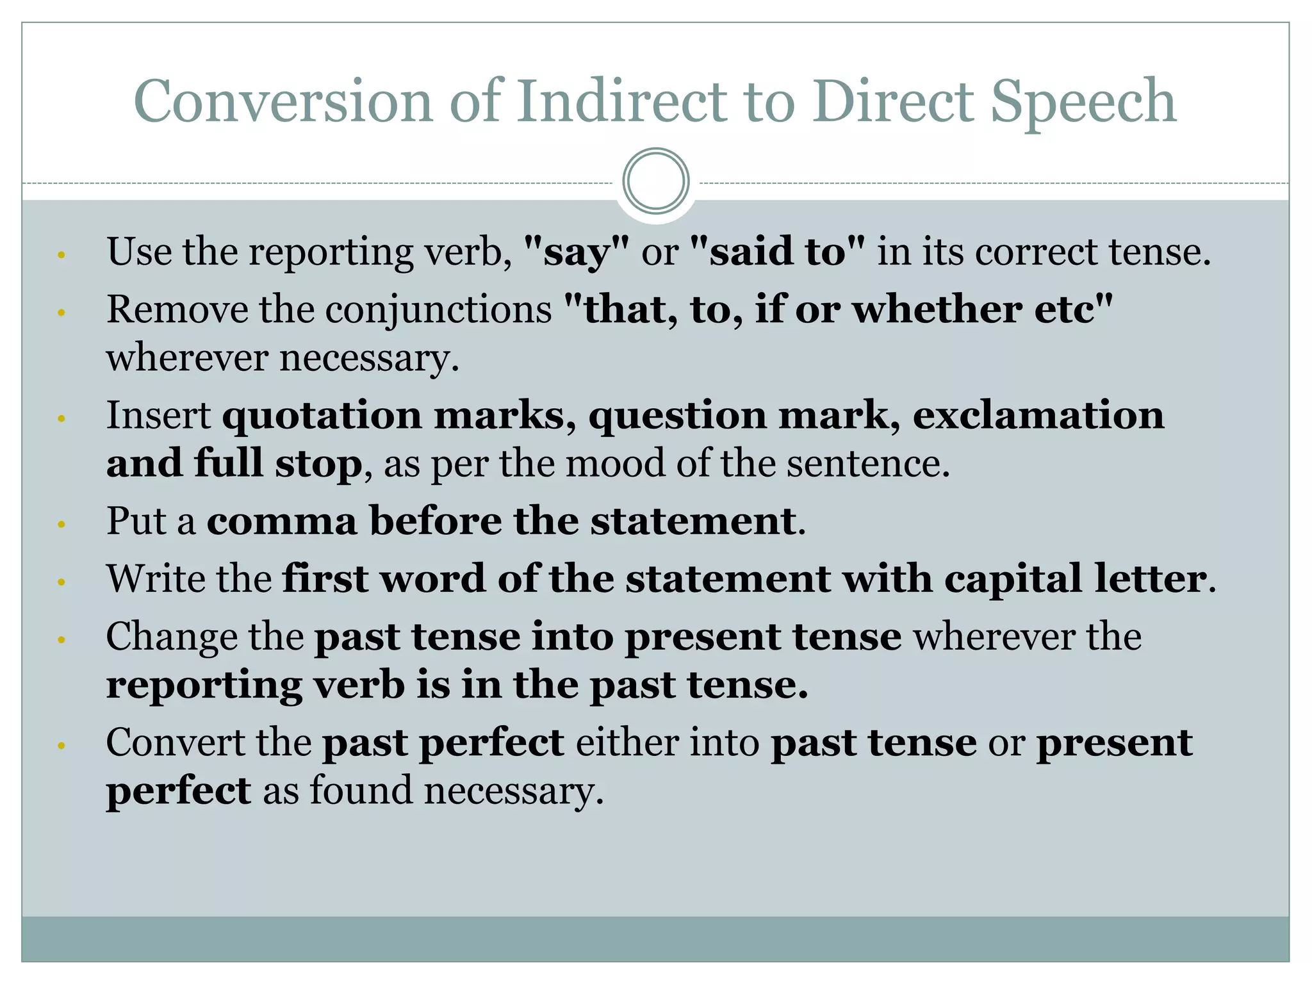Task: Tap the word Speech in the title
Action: (1083, 102)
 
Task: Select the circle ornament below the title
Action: (656, 181)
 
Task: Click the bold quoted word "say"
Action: (577, 252)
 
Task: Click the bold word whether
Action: (937, 309)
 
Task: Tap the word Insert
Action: (158, 415)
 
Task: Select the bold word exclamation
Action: (1038, 415)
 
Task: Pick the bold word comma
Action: (282, 521)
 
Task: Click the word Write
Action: (153, 578)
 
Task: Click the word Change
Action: (172, 637)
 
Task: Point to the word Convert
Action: (176, 742)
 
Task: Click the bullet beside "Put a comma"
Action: (61, 524)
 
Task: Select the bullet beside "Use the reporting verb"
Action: (61, 255)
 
